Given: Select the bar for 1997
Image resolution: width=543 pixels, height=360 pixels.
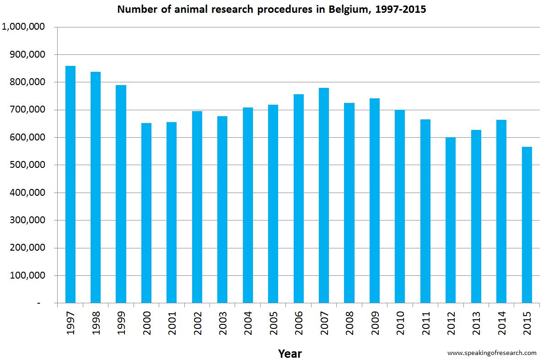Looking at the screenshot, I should click(70, 184).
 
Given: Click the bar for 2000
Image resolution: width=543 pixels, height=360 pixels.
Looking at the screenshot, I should click(146, 213).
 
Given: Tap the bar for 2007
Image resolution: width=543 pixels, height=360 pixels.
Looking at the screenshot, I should click(323, 195).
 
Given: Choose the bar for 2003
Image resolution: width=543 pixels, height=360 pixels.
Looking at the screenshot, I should click(222, 210).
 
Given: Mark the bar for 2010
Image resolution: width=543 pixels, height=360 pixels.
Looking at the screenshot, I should click(399, 206).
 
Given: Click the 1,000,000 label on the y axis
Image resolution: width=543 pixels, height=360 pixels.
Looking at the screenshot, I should click(23, 27).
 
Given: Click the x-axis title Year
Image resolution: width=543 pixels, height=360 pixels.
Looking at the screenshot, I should click(290, 354).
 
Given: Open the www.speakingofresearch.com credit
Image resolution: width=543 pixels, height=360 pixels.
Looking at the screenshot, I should click(492, 353).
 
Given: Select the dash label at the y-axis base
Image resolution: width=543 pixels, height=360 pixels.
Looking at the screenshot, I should click(38, 303).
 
